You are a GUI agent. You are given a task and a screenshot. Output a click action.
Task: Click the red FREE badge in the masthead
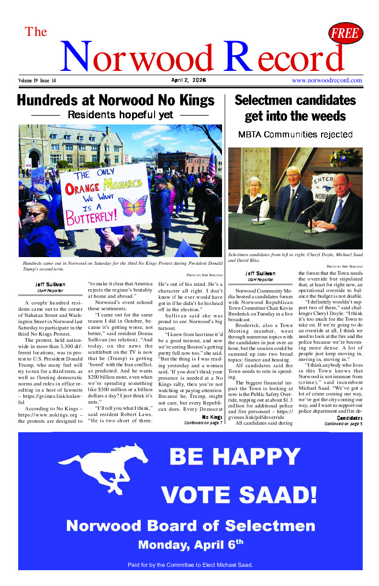coord(346,33)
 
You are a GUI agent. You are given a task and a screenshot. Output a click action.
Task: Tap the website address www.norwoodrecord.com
coord(327,80)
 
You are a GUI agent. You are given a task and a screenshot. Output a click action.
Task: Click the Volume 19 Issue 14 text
coord(37,80)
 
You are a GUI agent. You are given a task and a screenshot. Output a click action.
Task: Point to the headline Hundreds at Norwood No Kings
coord(115,101)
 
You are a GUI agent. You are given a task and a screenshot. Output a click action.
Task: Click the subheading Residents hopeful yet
coord(120,115)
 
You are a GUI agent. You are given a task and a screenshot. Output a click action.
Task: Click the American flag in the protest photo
coord(211,164)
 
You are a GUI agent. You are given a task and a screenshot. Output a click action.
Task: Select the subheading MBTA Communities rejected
coord(295,135)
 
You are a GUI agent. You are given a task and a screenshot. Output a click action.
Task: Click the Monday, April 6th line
coord(190,544)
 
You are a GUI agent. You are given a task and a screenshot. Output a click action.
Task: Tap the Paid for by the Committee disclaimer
coord(190,565)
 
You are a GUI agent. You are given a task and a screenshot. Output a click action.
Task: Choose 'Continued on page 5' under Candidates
coord(343,424)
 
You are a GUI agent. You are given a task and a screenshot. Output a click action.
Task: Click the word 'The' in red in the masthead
coord(36,32)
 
